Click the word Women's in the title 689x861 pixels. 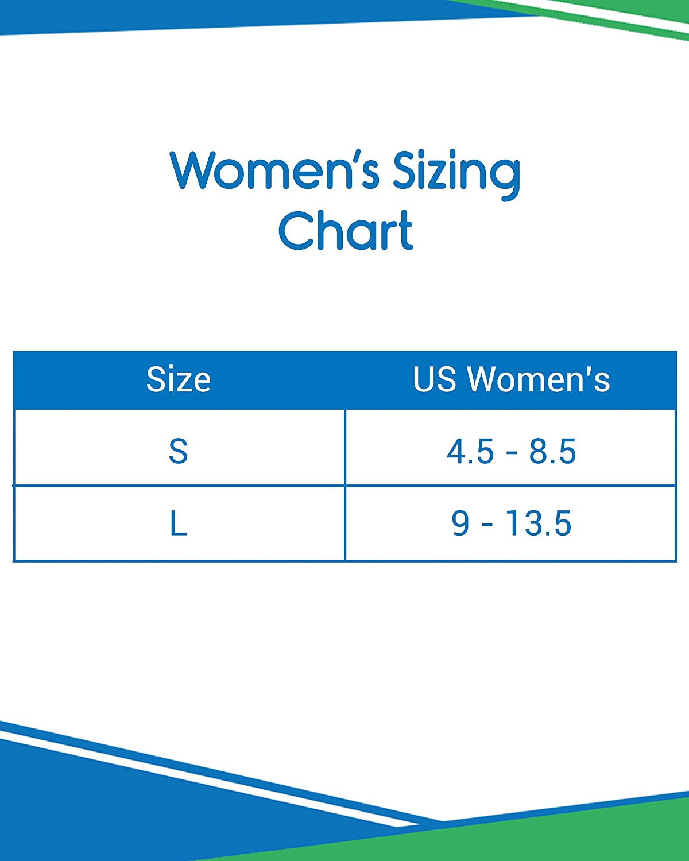tap(274, 170)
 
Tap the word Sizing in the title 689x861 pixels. tap(457, 175)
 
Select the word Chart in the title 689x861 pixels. tap(346, 230)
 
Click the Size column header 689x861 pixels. tap(178, 379)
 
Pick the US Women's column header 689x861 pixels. tap(511, 379)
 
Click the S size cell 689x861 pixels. tap(179, 451)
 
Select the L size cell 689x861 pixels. tap(179, 523)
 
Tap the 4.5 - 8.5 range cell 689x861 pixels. tap(511, 451)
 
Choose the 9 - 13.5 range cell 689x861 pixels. tap(511, 523)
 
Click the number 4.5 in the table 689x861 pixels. tap(470, 451)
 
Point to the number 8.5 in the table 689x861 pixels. tap(552, 451)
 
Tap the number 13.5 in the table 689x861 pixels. tap(539, 523)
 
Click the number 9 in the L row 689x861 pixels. tap(460, 523)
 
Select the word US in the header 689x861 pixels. tap(435, 379)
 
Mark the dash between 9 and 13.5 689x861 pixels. tap(487, 525)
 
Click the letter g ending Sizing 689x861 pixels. tap(505, 179)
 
